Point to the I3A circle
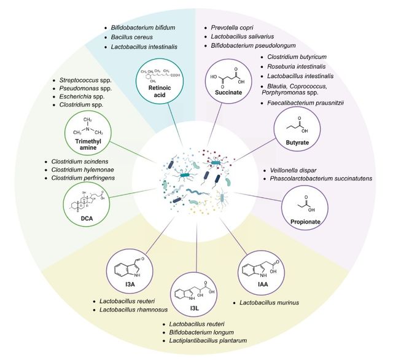pyautogui.click(x=130, y=268)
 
